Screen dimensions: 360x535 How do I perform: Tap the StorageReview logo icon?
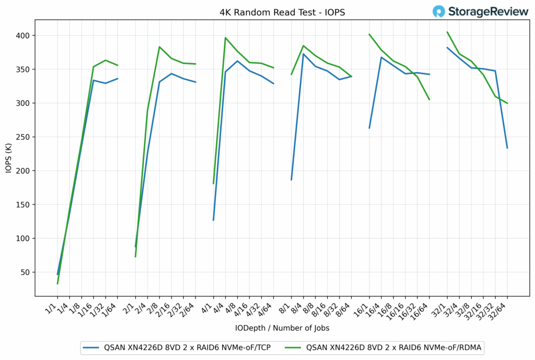pos(439,11)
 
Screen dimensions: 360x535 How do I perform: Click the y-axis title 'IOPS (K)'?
pos(9,157)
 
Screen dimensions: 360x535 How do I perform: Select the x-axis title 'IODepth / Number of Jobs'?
pos(282,328)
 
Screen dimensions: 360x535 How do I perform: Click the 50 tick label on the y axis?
pos(26,272)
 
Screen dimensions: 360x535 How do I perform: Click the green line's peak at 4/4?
pos(225,38)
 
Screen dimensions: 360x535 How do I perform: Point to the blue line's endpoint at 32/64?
pos(507,148)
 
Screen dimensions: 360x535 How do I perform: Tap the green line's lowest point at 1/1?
pos(57,283)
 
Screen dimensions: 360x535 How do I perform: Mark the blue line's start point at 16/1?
pos(369,128)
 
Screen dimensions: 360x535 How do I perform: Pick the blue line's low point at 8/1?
pos(292,180)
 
